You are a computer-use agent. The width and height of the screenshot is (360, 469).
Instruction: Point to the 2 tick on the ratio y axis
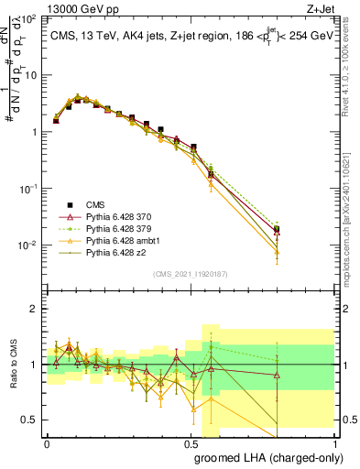click(34, 309)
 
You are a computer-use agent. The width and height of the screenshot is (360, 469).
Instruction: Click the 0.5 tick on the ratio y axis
click(29, 420)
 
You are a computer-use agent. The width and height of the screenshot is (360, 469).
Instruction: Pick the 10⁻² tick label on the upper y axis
click(28, 245)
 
